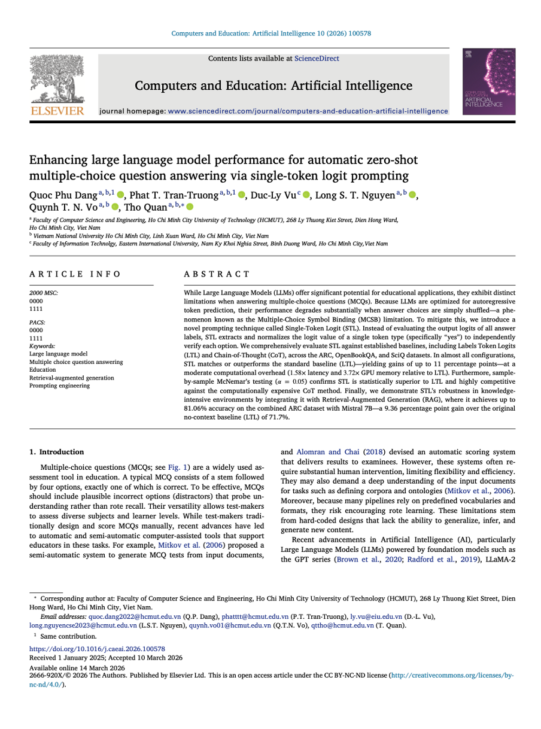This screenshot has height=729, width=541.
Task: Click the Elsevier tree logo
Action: click(57, 80)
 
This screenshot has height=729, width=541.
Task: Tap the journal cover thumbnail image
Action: click(488, 82)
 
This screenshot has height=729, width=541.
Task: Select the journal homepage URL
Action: click(308, 111)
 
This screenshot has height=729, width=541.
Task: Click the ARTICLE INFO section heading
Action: click(75, 274)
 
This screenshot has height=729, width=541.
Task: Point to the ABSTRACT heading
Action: click(217, 274)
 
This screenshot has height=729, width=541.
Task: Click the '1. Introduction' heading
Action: click(57, 452)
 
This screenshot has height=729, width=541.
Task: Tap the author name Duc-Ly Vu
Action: click(273, 195)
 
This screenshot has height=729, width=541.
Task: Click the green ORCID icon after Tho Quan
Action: click(190, 207)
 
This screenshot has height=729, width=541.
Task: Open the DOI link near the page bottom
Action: click(97, 649)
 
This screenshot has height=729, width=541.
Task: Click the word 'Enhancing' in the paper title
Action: click(57, 160)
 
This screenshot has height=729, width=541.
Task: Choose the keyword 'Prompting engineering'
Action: click(59, 385)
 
